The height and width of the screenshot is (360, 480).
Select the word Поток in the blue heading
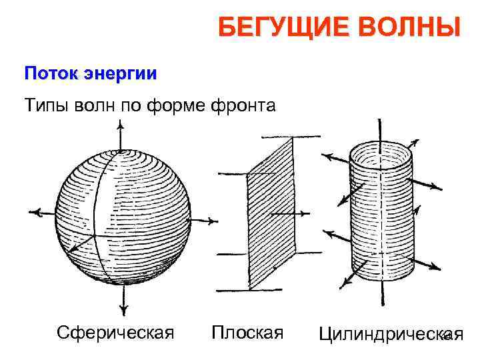[x=50, y=73]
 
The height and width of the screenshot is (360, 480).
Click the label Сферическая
[x=115, y=331]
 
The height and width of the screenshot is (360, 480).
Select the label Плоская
[x=247, y=331]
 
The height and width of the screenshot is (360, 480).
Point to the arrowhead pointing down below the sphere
[x=123, y=309]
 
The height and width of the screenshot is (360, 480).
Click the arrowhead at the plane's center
[x=306, y=213]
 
